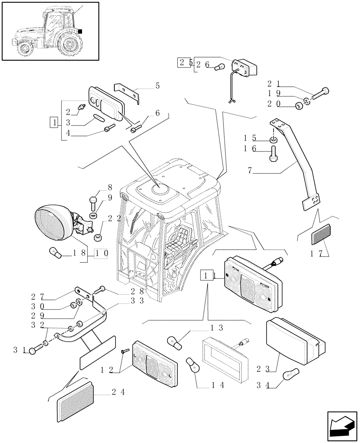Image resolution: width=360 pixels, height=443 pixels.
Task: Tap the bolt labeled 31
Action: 33,351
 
